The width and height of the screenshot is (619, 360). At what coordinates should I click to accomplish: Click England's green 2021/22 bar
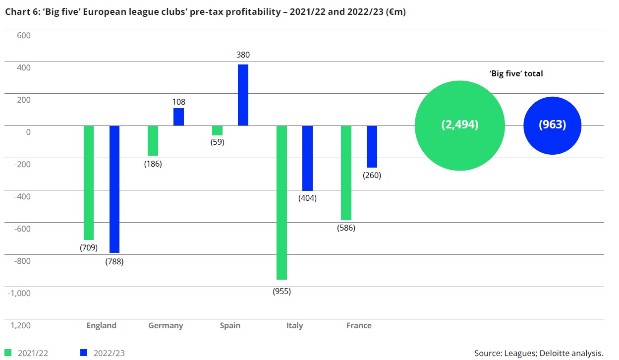point(89,182)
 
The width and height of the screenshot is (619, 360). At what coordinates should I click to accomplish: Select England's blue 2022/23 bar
point(114,189)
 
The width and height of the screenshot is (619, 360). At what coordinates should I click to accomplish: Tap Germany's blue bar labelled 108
point(178,117)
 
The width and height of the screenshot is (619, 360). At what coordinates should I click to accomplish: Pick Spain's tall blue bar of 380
point(243,95)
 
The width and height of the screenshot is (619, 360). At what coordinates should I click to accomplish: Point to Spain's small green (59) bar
point(217,130)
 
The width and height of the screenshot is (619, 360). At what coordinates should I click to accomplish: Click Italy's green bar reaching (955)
point(281,202)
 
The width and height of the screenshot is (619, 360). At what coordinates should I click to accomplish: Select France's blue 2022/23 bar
point(372,146)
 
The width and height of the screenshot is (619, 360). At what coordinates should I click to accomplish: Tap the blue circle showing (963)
point(552,125)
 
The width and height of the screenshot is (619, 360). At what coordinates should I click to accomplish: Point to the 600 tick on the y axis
point(23,35)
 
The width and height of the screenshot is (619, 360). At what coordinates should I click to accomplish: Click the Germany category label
point(166,326)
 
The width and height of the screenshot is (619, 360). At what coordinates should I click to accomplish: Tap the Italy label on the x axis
point(294,326)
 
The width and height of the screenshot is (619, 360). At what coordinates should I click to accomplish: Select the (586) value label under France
point(345,228)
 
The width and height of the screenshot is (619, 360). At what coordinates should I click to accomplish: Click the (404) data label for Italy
point(307,198)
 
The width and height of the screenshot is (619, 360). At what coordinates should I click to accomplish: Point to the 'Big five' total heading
point(516,73)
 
